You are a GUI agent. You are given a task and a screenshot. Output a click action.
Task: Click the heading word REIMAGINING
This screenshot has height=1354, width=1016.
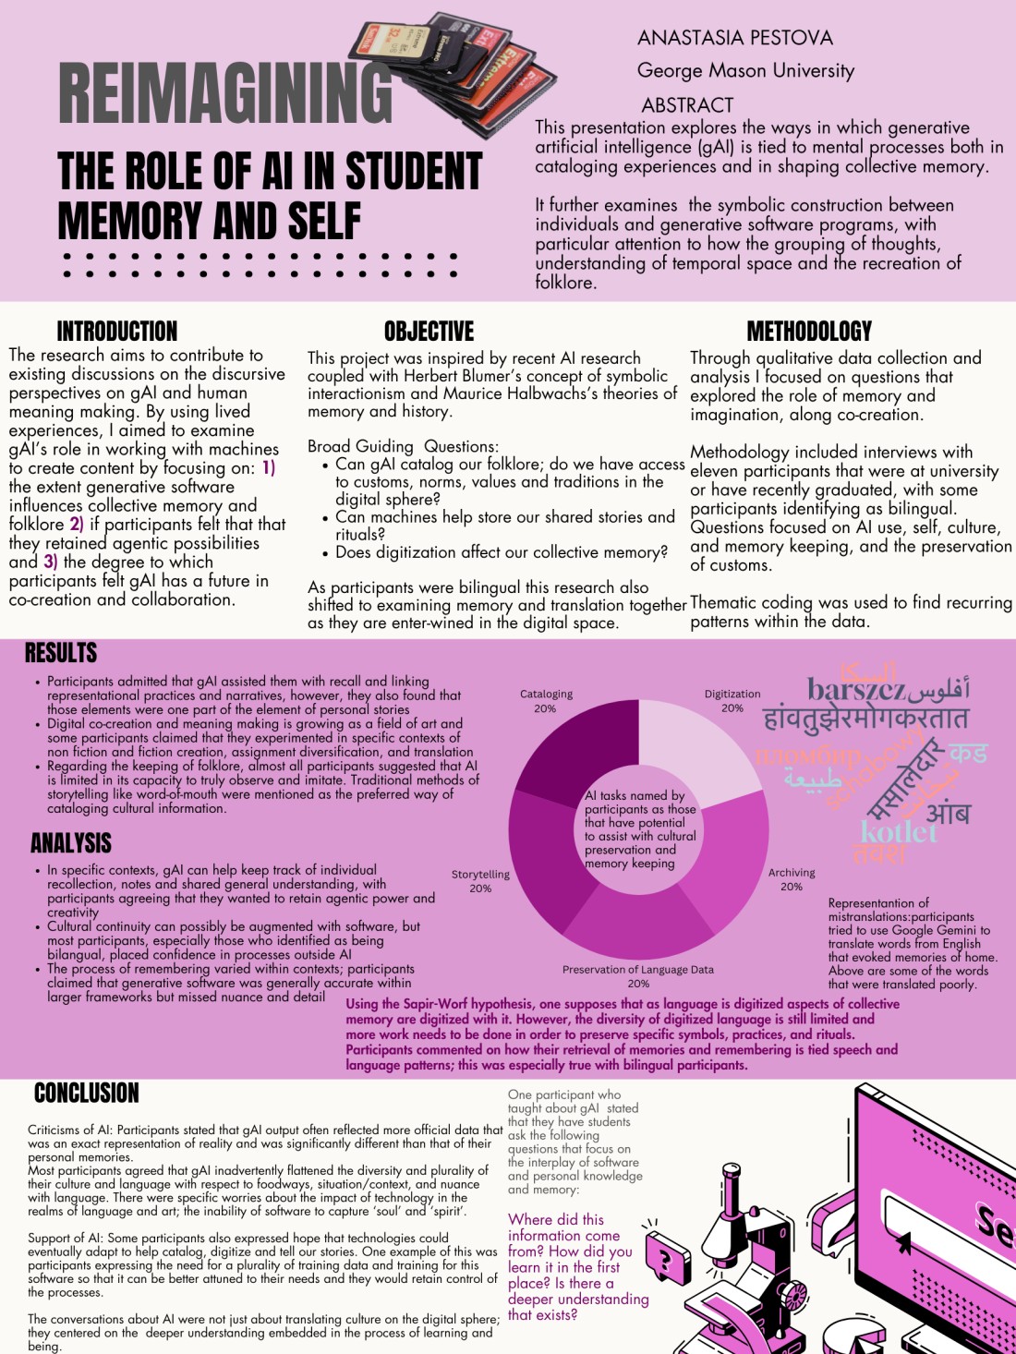(x=225, y=93)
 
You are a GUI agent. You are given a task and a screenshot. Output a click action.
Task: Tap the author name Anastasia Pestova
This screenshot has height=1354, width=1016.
(x=734, y=38)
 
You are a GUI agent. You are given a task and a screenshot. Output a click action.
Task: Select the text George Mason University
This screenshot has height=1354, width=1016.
(x=745, y=71)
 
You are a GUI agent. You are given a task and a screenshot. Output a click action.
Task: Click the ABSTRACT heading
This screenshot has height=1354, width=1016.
(x=687, y=105)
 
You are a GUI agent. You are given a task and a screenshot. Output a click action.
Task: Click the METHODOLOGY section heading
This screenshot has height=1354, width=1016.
(x=808, y=331)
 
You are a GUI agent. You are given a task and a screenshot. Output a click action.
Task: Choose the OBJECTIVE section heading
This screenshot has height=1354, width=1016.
(x=429, y=331)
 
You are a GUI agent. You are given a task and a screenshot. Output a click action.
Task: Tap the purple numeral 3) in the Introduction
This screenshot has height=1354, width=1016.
(x=50, y=562)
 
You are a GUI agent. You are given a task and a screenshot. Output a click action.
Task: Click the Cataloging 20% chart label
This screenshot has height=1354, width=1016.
(x=546, y=701)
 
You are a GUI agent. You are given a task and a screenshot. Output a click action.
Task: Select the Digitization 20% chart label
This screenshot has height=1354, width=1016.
(x=732, y=701)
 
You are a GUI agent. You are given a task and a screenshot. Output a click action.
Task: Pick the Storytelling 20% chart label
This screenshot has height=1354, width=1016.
(x=480, y=881)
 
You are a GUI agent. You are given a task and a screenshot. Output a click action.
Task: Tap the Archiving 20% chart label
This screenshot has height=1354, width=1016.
(x=792, y=879)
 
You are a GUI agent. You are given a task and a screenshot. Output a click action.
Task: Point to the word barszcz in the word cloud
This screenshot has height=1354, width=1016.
(x=855, y=689)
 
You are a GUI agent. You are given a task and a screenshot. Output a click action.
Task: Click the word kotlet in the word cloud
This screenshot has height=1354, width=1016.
(x=898, y=831)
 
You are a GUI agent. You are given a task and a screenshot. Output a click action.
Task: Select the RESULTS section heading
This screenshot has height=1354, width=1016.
(x=61, y=653)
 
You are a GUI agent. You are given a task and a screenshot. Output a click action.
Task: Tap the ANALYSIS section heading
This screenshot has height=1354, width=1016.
(x=70, y=842)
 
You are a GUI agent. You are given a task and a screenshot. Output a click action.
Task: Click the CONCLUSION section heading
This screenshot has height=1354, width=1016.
(x=86, y=1093)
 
